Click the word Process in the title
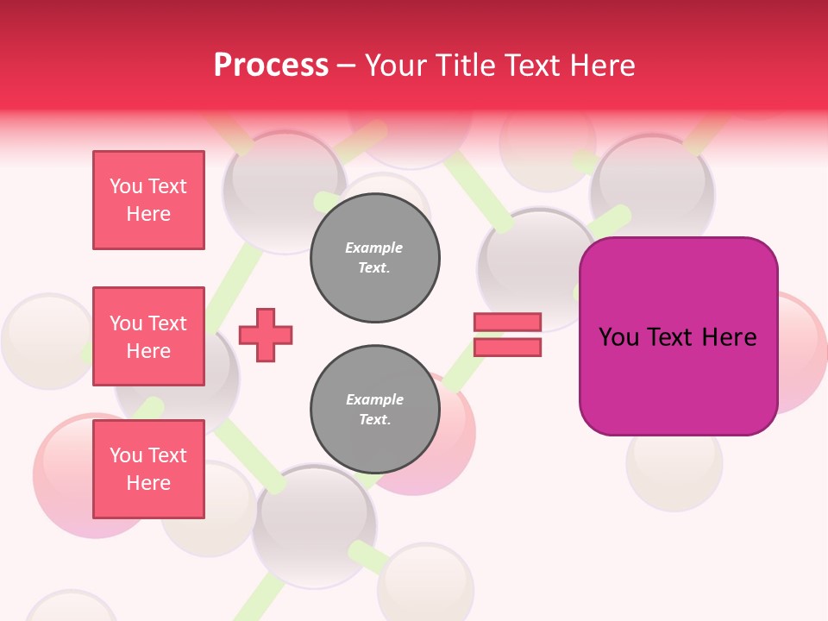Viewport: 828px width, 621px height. pos(271,66)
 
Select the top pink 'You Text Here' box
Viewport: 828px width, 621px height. pos(148,200)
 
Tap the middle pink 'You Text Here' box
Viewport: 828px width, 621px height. pos(148,336)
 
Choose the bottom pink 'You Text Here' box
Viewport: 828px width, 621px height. pos(148,468)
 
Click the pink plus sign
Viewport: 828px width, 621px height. pos(266,335)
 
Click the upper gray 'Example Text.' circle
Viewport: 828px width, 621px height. pos(374,258)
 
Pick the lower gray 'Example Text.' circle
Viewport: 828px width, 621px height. pos(374,410)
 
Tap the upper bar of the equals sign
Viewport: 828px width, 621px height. pos(507,322)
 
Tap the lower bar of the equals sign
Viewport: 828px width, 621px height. pos(507,347)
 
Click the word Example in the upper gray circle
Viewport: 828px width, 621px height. pos(374,248)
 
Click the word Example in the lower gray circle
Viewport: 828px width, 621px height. pos(374,399)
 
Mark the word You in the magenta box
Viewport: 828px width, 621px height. pos(618,337)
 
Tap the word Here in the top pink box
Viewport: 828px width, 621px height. pos(148,214)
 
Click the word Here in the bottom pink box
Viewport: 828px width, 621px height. pos(148,483)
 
